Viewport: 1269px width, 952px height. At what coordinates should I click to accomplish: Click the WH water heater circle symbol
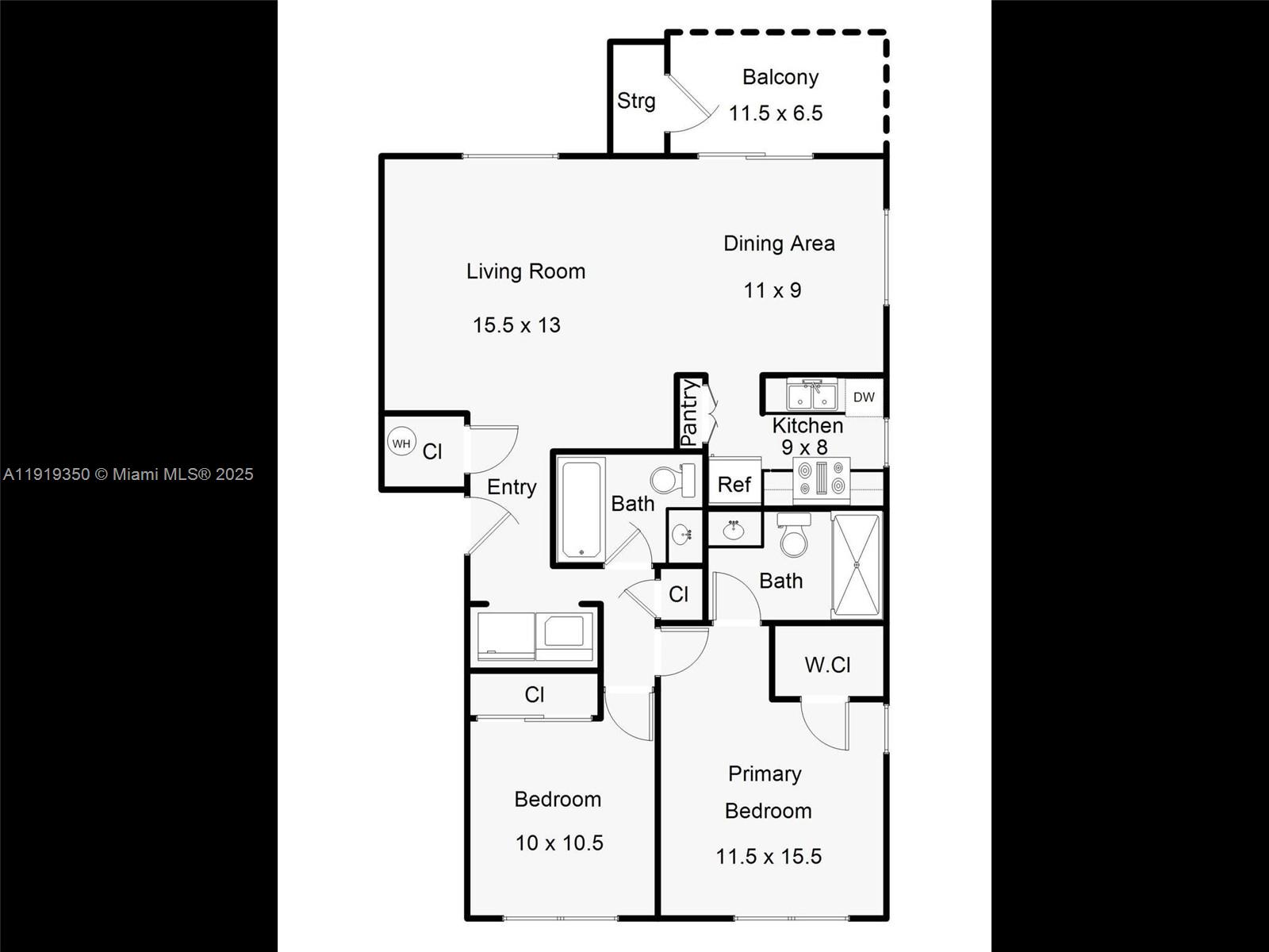(401, 443)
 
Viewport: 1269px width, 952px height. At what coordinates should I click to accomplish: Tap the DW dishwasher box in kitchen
(864, 397)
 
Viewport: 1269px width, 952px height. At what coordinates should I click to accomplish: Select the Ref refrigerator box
(734, 484)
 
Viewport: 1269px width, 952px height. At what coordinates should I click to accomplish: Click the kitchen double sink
(811, 394)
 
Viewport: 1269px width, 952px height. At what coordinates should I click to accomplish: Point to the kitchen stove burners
(822, 478)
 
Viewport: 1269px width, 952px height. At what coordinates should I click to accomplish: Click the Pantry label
(689, 412)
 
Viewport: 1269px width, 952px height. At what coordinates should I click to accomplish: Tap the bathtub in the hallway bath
(581, 509)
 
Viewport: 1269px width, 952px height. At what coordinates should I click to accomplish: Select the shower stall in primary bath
(857, 565)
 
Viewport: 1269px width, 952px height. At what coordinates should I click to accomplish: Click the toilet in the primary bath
(793, 534)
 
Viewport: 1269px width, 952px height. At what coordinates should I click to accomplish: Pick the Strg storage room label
(636, 101)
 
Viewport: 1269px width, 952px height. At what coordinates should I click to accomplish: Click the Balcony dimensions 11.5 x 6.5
(776, 113)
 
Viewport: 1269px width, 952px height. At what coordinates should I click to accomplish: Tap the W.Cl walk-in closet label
(827, 665)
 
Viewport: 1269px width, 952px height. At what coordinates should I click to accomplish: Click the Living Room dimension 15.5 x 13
(516, 325)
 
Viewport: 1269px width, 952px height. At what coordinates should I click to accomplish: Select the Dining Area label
(779, 244)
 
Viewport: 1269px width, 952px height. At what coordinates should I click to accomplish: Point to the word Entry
(512, 487)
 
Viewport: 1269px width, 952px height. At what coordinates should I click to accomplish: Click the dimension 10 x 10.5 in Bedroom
(559, 843)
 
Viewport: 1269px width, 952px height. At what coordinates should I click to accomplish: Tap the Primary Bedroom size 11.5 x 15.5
(769, 857)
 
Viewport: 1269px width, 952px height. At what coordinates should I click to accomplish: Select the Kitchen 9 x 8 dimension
(804, 447)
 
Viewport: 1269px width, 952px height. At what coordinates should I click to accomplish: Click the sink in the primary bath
(733, 530)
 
